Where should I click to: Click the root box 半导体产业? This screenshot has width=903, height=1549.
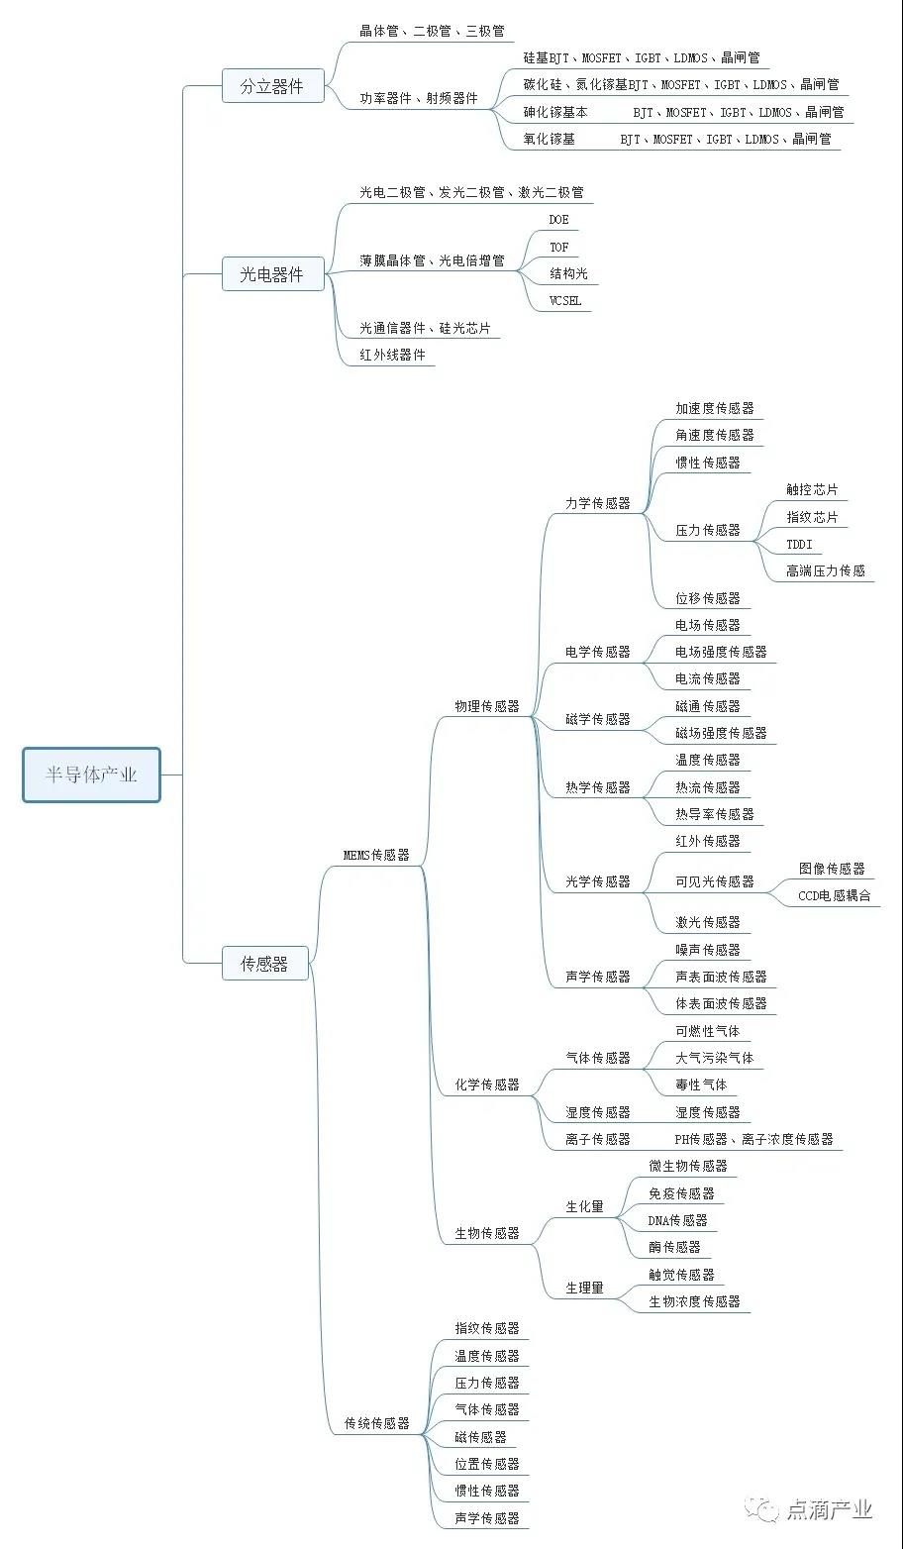point(91,774)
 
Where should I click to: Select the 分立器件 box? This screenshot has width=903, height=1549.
point(272,86)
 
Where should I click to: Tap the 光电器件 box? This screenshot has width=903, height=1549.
point(272,275)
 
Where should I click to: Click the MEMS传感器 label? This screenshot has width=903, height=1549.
point(376,855)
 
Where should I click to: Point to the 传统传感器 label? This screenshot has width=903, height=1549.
point(376,1423)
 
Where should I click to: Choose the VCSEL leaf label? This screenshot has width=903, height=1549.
point(565,301)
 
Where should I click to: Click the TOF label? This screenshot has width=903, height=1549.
point(559,247)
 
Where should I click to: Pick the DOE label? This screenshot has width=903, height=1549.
point(559,220)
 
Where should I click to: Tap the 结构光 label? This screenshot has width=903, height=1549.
point(568,273)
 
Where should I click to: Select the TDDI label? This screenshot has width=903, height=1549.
point(799,544)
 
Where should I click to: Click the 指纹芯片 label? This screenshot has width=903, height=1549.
point(812,517)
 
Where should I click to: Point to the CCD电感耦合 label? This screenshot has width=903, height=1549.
point(835,895)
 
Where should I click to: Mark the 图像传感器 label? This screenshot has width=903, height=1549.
point(832,869)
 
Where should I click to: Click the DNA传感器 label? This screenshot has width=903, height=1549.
point(677,1220)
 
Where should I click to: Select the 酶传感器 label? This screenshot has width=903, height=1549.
point(674,1247)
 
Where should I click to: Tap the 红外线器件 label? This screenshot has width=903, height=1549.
point(392,355)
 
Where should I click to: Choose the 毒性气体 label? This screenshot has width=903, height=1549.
point(701,1084)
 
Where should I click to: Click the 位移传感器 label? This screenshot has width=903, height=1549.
point(707,598)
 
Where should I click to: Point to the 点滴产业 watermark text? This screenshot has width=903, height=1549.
point(830,1509)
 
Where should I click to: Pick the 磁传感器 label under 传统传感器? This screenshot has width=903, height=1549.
point(480,1437)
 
